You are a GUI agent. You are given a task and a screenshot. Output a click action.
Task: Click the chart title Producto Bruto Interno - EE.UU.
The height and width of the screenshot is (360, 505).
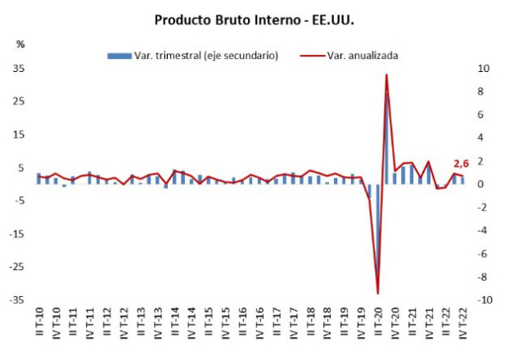pos(252,17)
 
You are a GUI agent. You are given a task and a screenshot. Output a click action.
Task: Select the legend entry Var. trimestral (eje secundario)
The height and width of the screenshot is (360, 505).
pos(193,56)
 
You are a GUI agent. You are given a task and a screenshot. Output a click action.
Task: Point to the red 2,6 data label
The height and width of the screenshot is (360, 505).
pos(461,164)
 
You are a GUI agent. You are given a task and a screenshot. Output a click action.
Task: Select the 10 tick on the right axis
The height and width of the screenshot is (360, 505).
pos(485,69)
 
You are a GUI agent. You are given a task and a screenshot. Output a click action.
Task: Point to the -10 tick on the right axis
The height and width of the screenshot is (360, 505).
pos(486,300)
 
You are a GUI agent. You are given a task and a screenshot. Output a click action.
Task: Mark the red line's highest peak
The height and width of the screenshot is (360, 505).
pos(386,75)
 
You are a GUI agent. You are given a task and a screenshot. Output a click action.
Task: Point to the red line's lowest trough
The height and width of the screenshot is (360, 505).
pos(378,293)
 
